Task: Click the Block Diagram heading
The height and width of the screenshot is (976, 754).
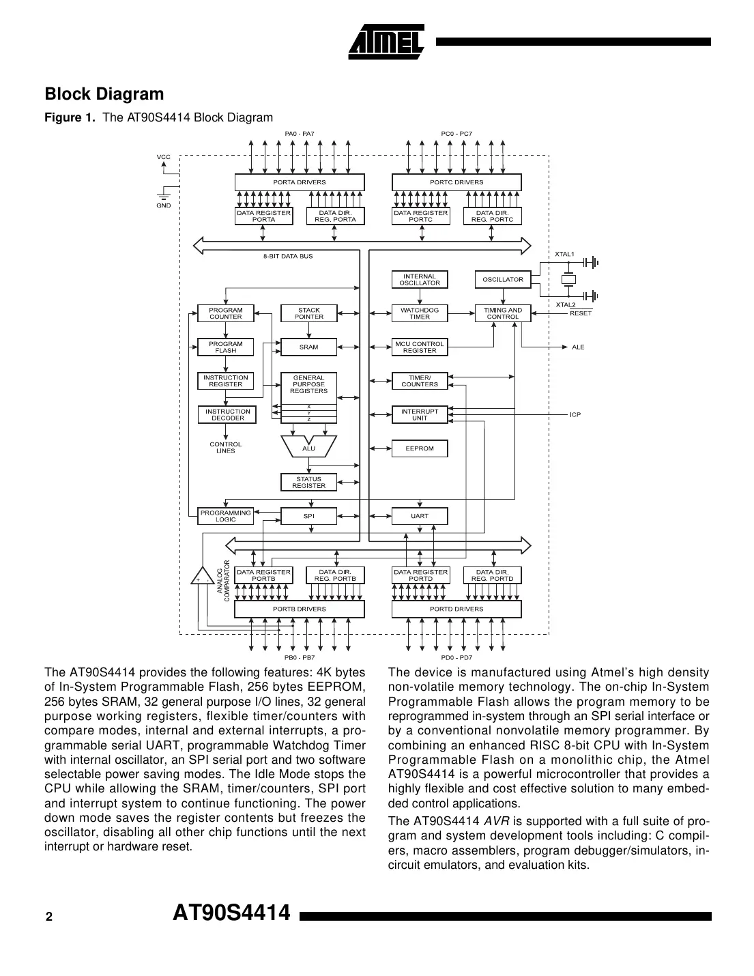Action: (104, 94)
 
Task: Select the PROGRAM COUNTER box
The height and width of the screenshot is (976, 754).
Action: (225, 313)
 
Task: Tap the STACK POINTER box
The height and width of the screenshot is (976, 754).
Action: (308, 313)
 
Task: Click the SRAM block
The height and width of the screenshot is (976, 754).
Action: (308, 347)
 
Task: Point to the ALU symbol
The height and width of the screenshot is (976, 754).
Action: (308, 448)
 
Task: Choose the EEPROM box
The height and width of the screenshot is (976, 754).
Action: (419, 448)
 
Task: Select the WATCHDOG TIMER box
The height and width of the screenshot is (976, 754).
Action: (419, 313)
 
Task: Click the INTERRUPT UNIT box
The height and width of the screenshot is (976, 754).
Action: (419, 414)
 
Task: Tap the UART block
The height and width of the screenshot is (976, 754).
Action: (419, 516)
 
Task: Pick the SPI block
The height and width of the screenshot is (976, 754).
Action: (308, 516)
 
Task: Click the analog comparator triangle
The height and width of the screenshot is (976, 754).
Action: (201, 576)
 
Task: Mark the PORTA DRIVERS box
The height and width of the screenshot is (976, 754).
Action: (299, 182)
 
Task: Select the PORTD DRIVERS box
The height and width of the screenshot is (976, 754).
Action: (456, 609)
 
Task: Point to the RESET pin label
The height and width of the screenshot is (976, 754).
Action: (580, 313)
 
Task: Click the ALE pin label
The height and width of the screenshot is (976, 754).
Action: (578, 347)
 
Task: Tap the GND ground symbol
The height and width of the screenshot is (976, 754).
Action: (164, 195)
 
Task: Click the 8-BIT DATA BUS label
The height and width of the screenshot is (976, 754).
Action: (288, 256)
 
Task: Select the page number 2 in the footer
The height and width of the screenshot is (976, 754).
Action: (48, 917)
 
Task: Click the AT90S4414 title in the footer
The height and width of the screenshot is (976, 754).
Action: (231, 913)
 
